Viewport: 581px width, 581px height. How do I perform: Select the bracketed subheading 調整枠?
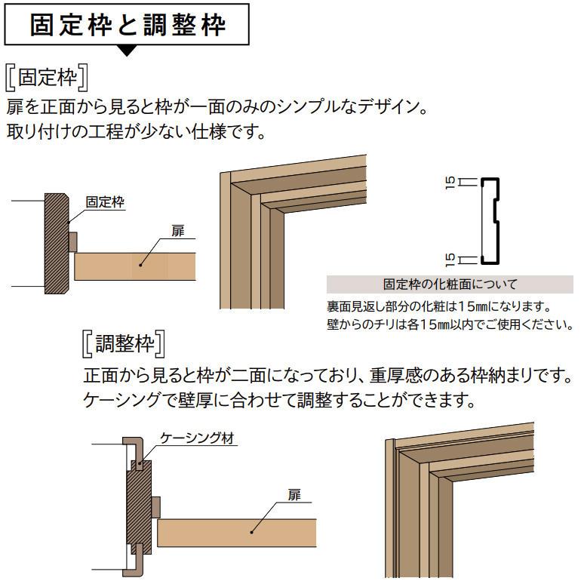click(x=124, y=345)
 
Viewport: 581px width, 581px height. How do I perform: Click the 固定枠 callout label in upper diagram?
click(x=105, y=202)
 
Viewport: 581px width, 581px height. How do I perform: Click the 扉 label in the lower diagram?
click(x=294, y=496)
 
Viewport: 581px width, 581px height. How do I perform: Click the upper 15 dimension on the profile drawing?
click(x=450, y=181)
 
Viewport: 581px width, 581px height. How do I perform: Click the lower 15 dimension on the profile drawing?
click(x=450, y=260)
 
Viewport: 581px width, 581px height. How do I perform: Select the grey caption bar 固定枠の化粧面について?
click(x=450, y=284)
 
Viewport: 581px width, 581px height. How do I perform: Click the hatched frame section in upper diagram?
click(x=56, y=243)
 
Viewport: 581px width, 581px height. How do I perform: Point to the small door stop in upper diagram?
click(x=72, y=242)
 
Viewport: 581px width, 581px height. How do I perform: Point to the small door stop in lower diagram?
click(x=155, y=507)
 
